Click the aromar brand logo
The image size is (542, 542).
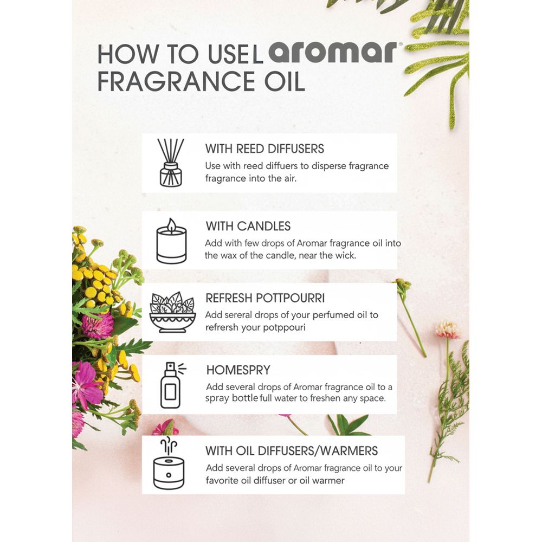tap(333, 52)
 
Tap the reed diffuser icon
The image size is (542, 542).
tap(171, 163)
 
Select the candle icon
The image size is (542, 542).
tap(171, 241)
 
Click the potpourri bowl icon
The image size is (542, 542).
tap(172, 312)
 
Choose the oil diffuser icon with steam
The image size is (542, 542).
tap(169, 463)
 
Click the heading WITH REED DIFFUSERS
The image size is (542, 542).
tap(264, 149)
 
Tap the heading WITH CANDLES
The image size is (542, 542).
tap(248, 226)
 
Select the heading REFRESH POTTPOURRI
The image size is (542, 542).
tap(265, 298)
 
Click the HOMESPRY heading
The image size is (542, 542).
tap(238, 370)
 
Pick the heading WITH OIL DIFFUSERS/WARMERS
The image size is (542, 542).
tap(292, 451)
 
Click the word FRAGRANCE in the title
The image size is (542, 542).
tap(176, 81)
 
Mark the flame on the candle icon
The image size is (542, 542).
tap(171, 225)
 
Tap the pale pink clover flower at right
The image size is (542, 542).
tap(447, 330)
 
